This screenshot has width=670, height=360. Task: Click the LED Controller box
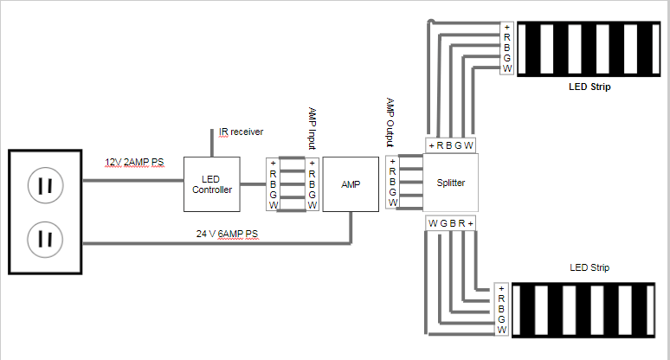coord(211,184)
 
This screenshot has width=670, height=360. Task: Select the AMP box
coord(351,184)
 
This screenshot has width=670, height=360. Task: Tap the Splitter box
coord(450,183)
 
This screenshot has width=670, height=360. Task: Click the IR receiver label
coord(241,132)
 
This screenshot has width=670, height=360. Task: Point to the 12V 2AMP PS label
coord(134,163)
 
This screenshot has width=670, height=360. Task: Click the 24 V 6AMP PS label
coord(227,234)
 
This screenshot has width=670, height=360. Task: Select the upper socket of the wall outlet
coord(45,185)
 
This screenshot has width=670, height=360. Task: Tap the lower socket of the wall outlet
coord(45,239)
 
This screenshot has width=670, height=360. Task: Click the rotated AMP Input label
coord(312,128)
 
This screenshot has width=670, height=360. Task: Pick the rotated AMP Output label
coord(390,122)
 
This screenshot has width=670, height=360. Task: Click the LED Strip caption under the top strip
coord(589,87)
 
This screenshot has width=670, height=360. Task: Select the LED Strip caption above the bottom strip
coord(589,267)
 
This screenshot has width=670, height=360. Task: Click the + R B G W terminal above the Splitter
coord(451,145)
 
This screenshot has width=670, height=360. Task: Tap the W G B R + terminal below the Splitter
coord(451,223)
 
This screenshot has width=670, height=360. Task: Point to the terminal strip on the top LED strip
coord(506,48)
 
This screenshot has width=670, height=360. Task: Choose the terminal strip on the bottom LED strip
coord(501,309)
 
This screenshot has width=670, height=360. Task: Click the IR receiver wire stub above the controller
coord(211,143)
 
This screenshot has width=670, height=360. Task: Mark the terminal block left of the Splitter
coord(392,183)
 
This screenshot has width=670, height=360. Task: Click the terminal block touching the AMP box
coord(312,184)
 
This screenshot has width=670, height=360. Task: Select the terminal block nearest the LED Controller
coord(273,184)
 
